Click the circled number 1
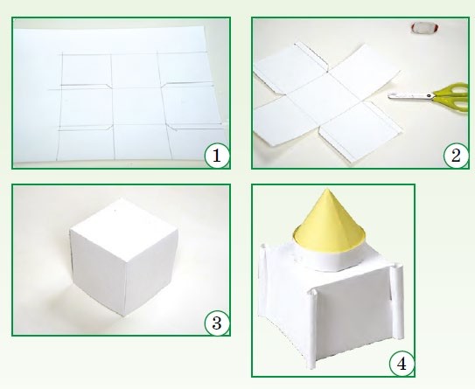(217, 156)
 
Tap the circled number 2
(456, 156)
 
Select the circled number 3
(217, 323)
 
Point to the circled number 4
(402, 364)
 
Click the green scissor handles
(453, 96)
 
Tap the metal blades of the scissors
(410, 96)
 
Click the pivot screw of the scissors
(429, 96)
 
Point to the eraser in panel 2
(424, 27)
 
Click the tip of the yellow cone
(326, 189)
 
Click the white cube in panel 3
(124, 257)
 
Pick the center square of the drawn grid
(137, 106)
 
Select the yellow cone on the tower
(328, 224)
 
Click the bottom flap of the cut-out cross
(360, 132)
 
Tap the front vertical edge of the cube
(124, 286)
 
